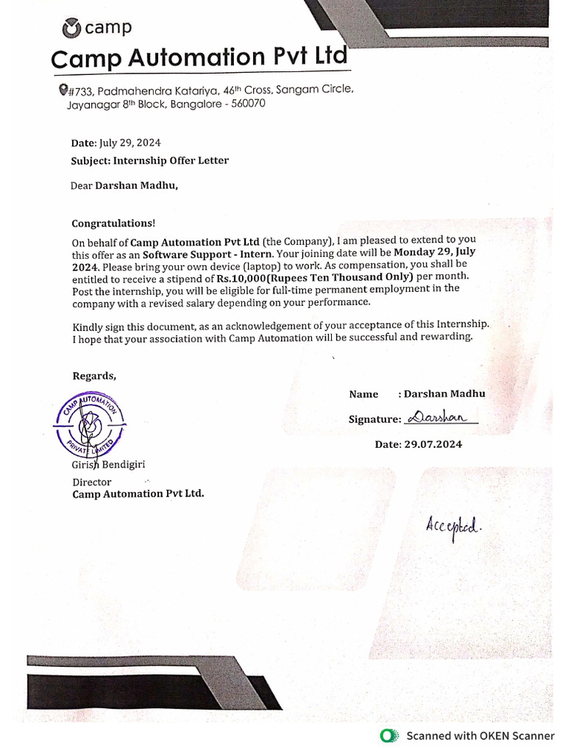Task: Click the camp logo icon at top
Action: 71,28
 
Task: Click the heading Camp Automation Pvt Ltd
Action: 198,57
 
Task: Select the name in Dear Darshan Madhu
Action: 136,185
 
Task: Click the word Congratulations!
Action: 113,223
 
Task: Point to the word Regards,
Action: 94,376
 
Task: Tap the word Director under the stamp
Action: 92,482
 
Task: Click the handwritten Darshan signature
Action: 440,417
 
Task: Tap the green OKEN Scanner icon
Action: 388,736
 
